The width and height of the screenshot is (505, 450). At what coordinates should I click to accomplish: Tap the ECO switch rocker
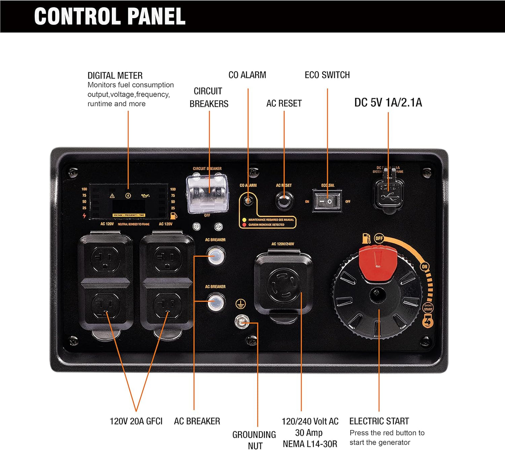click(x=326, y=201)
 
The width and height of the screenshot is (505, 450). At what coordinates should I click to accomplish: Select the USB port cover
click(x=388, y=194)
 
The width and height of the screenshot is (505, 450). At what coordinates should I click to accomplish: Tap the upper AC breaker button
click(x=215, y=256)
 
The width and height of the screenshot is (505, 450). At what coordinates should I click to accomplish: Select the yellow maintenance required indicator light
click(x=244, y=220)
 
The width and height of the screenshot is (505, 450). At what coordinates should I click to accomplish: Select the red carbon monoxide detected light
click(x=244, y=225)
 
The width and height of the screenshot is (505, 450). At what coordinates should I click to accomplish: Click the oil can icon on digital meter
click(x=145, y=196)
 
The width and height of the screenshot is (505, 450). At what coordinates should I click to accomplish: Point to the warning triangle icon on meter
click(x=112, y=196)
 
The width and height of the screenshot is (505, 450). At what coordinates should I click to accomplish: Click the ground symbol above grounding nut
click(x=240, y=304)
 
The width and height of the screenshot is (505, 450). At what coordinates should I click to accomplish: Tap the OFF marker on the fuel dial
click(x=379, y=238)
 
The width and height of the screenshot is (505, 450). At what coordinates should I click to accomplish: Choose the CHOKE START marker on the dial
click(x=428, y=307)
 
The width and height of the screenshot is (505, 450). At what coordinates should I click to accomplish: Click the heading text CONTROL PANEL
click(x=110, y=16)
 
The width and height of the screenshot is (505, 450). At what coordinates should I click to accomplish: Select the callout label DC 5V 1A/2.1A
click(x=388, y=103)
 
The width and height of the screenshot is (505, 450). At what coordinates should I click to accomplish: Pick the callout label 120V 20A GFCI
click(x=136, y=421)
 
